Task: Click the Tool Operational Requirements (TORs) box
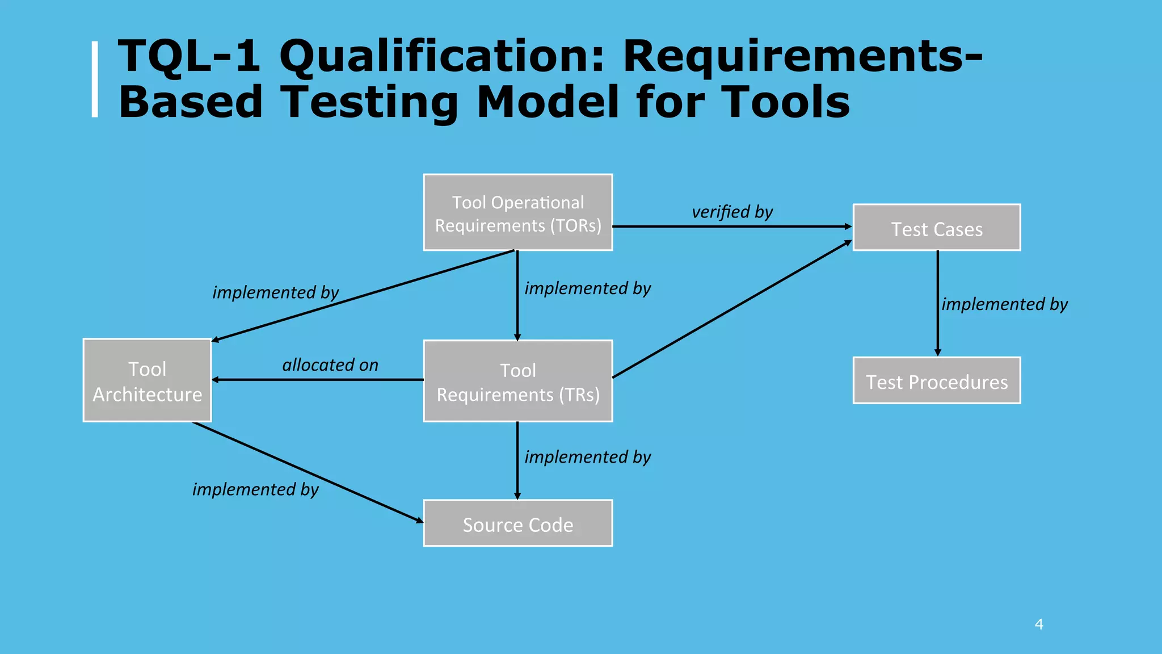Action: pyautogui.click(x=517, y=212)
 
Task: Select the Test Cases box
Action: pyautogui.click(x=936, y=228)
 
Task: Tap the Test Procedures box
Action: pyautogui.click(x=936, y=380)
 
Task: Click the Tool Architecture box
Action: pyautogui.click(x=147, y=380)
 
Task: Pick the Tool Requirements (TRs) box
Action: pyautogui.click(x=517, y=381)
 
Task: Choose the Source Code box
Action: pyautogui.click(x=517, y=523)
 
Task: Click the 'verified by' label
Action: pyautogui.click(x=732, y=212)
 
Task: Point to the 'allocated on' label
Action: pyautogui.click(x=330, y=364)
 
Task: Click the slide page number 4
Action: pyautogui.click(x=1039, y=624)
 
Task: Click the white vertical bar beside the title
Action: pyautogui.click(x=95, y=79)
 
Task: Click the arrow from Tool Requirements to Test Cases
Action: pyautogui.click(x=732, y=309)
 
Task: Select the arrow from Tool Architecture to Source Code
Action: pyautogui.click(x=306, y=471)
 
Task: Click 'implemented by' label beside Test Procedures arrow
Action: pyautogui.click(x=1004, y=304)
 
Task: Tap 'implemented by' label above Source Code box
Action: pyautogui.click(x=587, y=457)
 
